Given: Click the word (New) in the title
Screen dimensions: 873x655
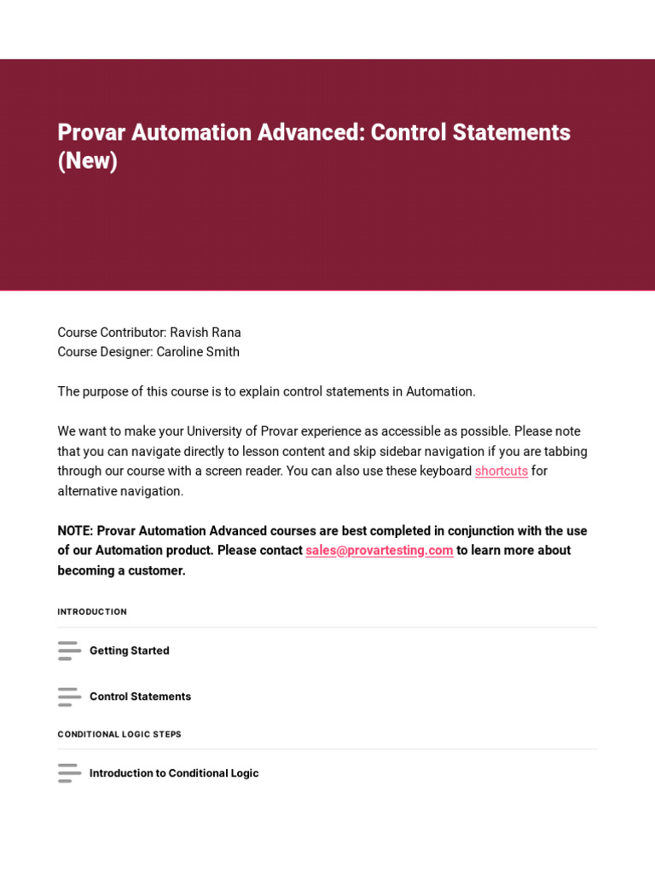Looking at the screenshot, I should [88, 160].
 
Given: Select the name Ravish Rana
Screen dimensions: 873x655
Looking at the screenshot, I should [206, 332].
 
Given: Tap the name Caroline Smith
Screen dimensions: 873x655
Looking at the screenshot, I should [198, 352].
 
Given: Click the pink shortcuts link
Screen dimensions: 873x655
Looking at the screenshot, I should [501, 471].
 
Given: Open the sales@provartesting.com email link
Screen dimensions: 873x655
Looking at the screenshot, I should [380, 551].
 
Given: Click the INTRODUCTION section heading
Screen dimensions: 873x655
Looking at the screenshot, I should [92, 612].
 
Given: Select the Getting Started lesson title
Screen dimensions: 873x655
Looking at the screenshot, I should [130, 650].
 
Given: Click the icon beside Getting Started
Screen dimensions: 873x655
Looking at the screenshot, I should [69, 650].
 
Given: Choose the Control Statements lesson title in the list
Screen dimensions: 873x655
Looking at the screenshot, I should [141, 697].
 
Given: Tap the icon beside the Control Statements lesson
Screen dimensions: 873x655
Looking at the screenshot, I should [69, 697].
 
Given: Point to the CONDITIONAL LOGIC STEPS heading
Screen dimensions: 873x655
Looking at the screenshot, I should [119, 734].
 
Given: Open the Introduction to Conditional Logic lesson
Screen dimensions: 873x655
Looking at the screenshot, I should [174, 773].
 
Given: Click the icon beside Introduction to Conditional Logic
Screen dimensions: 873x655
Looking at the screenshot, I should [69, 773].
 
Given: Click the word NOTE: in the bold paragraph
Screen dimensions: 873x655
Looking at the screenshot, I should [75, 531].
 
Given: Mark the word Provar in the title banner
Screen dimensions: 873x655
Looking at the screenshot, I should [87, 132].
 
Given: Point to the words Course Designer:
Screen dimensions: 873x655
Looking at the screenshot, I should [105, 352].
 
